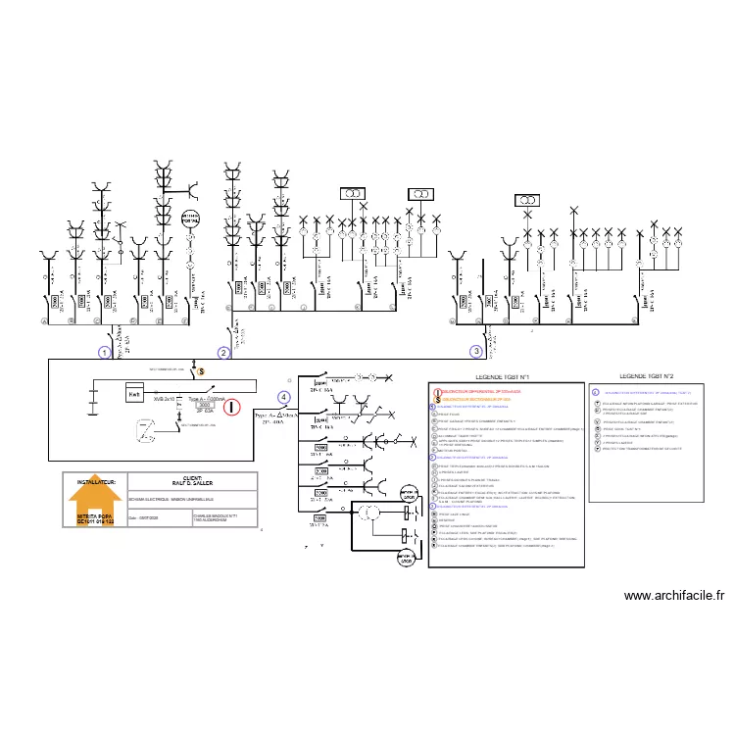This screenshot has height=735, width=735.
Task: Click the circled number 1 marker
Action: point(104,351)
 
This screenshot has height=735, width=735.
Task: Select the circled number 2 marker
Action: point(224,352)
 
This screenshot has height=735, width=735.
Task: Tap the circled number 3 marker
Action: point(476,350)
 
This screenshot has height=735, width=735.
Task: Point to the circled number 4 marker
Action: point(284,397)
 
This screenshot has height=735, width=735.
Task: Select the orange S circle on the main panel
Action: point(202,371)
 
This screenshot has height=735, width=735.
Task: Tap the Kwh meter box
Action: point(134,393)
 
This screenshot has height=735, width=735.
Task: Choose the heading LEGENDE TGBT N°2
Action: point(648,376)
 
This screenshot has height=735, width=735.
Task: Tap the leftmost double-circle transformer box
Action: point(351,195)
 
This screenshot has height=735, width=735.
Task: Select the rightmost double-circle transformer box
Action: point(527,200)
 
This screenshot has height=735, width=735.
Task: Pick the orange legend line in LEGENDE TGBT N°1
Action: point(475,400)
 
